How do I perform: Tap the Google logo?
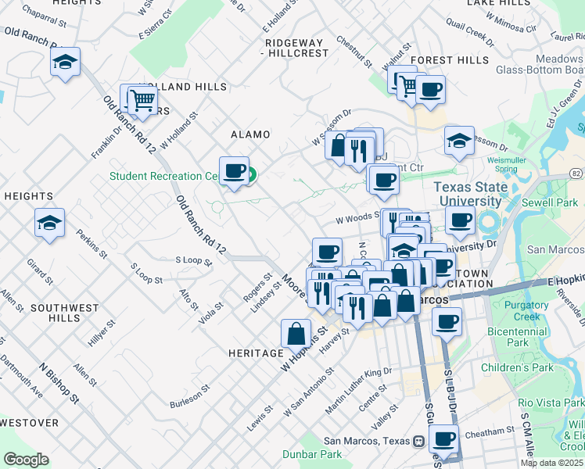click(26, 460)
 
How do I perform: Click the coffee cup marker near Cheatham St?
click(444, 440)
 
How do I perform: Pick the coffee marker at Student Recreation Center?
click(233, 172)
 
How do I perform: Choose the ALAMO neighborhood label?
click(249, 134)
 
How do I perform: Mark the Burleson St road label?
click(189, 396)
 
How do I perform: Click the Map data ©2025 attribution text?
click(551, 463)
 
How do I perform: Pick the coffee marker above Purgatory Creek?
click(447, 322)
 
